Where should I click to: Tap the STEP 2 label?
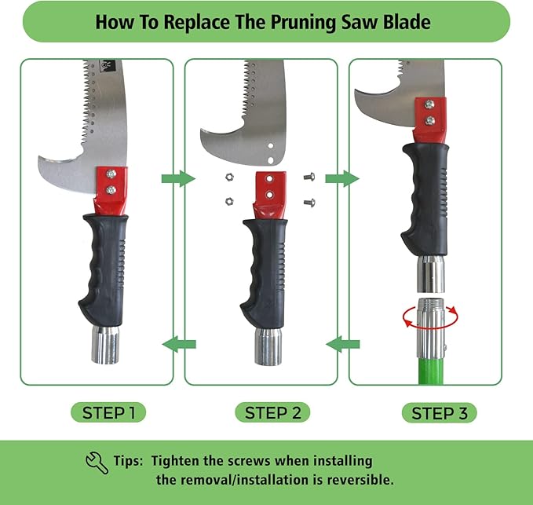[272, 412]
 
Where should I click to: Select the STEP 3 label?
[439, 412]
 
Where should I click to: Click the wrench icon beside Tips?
[97, 462]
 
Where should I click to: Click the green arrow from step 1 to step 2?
[177, 179]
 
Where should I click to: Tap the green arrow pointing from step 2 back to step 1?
[179, 342]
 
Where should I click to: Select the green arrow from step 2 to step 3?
[342, 179]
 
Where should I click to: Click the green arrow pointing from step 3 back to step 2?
[343, 342]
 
